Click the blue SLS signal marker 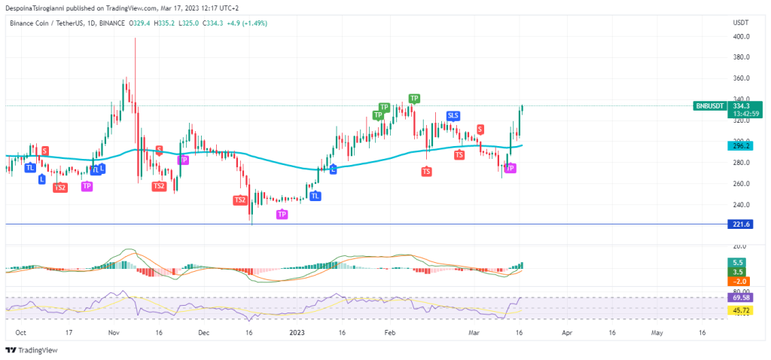click(453, 115)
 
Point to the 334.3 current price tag click(741, 106)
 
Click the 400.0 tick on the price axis click(740, 36)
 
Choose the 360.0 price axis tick click(740, 78)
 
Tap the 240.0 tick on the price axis click(740, 205)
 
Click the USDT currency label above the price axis click(739, 23)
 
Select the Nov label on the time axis click(114, 331)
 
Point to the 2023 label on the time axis click(297, 331)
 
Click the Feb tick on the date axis click(389, 331)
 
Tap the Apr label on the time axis click(566, 331)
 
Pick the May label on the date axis click(657, 331)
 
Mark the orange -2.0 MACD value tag click(740, 282)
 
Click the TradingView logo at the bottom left click(32, 350)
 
